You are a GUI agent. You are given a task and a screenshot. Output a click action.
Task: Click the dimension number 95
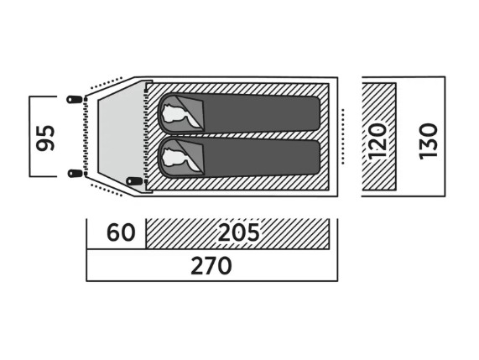pyautogui.click(x=45, y=138)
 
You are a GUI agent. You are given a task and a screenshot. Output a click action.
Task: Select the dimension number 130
pyautogui.click(x=429, y=141)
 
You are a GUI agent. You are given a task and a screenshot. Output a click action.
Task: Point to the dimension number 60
pyautogui.click(x=121, y=232)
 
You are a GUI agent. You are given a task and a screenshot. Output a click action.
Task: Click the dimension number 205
pyautogui.click(x=238, y=232)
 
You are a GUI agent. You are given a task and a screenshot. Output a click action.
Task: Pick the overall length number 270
pyautogui.click(x=211, y=266)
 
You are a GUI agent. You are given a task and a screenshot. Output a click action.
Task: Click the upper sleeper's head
pyautogui.click(x=173, y=113)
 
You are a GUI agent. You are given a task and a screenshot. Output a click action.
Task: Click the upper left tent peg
pyautogui.click(x=75, y=99)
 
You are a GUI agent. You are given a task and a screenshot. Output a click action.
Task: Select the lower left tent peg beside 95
pyautogui.click(x=75, y=173)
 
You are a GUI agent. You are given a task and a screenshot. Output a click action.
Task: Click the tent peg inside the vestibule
pyautogui.click(x=134, y=181)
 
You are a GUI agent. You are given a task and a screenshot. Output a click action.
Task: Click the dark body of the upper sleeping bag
pyautogui.click(x=261, y=113)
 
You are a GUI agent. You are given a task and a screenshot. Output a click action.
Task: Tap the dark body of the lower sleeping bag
pyautogui.click(x=261, y=159)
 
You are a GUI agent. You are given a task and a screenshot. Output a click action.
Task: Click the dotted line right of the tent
pyautogui.click(x=343, y=136)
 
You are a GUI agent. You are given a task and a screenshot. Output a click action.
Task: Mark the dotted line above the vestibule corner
pyautogui.click(x=107, y=83)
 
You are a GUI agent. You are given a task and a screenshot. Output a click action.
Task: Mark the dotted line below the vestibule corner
pyautogui.click(x=107, y=190)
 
